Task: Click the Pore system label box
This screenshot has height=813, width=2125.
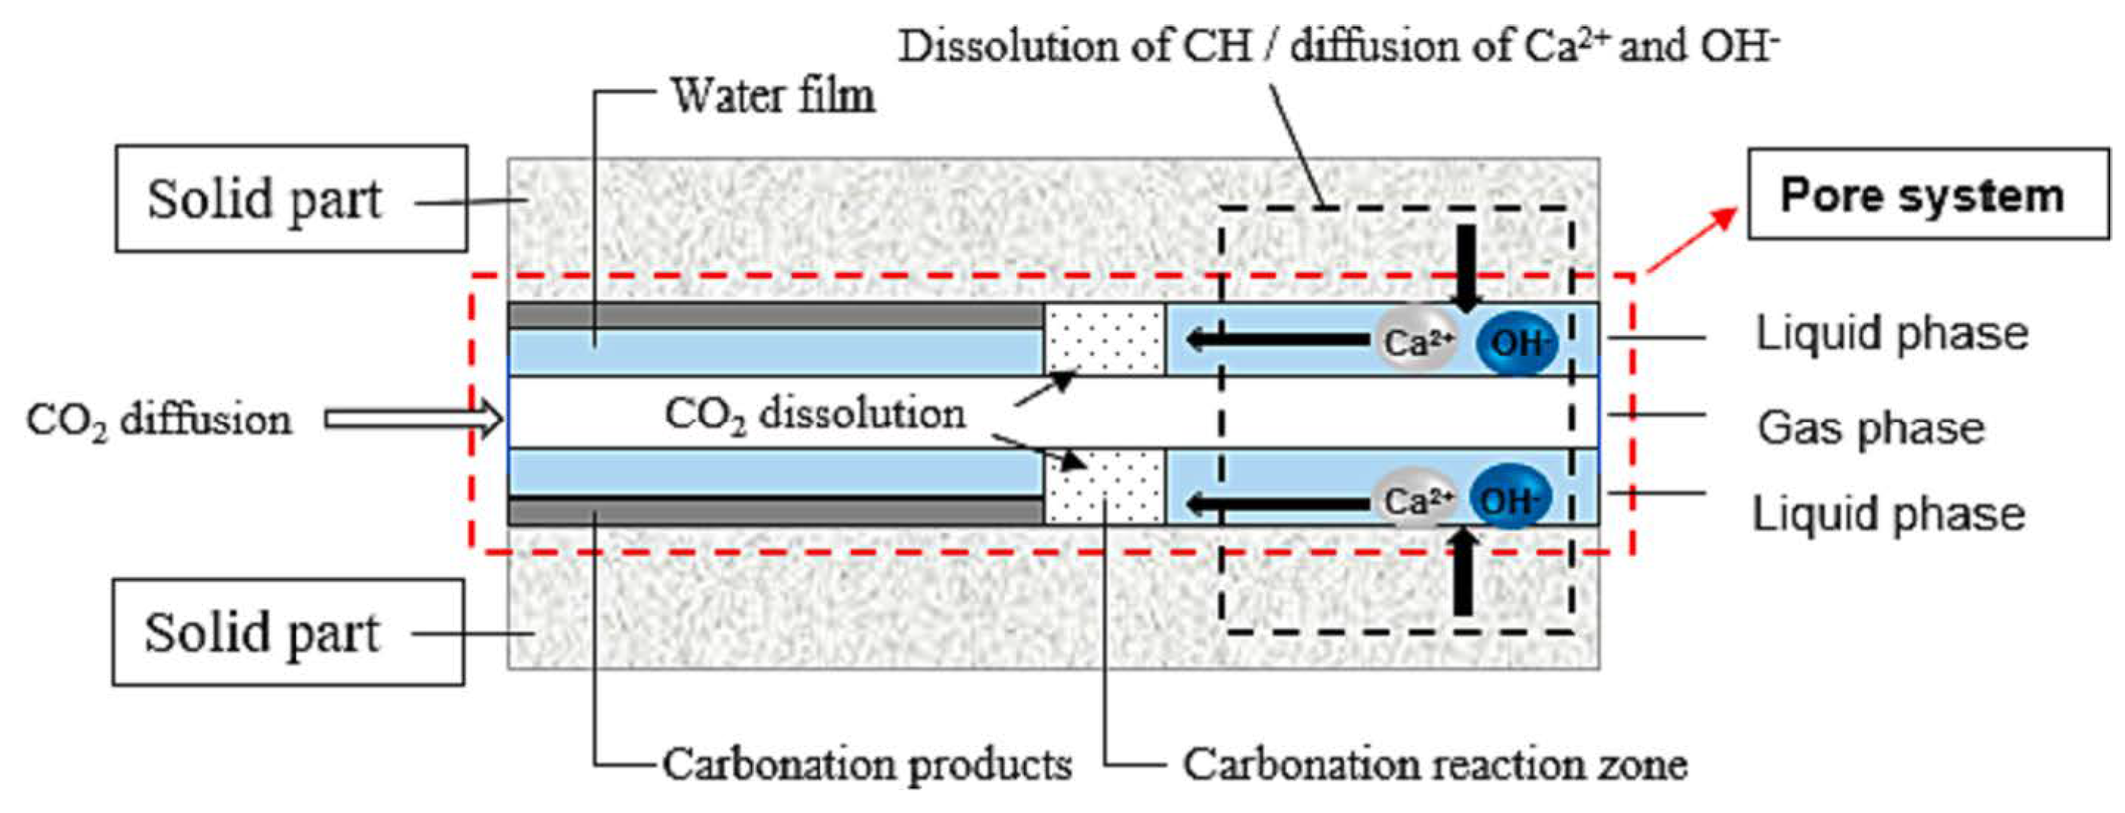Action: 1927,195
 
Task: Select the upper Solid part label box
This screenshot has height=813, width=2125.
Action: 291,199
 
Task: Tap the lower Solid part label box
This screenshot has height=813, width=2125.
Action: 288,633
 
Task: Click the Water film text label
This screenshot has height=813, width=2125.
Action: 773,96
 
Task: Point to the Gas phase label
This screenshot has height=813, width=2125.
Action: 1871,429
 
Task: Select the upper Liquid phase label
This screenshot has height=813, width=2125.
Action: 1892,334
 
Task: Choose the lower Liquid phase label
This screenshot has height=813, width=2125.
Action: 1888,514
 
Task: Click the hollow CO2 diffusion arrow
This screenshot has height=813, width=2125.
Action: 413,420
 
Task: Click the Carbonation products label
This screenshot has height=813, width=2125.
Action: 866,764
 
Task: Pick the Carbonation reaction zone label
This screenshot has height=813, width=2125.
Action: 1435,764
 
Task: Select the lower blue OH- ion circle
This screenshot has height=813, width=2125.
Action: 1510,499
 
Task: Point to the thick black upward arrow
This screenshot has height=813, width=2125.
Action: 1463,574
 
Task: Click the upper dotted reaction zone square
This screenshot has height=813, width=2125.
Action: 1104,339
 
